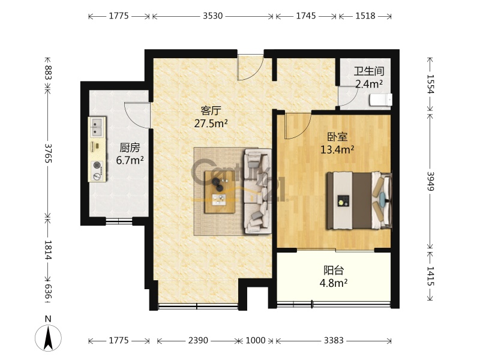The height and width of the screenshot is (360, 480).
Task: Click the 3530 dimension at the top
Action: [x=213, y=16]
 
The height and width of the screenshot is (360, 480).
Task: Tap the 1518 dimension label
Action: [x=365, y=16]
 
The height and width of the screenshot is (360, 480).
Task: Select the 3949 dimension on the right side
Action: [x=430, y=181]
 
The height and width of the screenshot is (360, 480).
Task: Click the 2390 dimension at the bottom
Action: [x=198, y=340]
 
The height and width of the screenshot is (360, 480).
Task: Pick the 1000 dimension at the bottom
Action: [x=256, y=340]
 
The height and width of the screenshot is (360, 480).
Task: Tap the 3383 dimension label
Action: [x=334, y=340]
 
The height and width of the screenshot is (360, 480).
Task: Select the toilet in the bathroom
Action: [x=381, y=100]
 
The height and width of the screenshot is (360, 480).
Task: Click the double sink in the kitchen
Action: [x=97, y=127]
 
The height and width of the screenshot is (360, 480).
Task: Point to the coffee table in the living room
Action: [x=220, y=192]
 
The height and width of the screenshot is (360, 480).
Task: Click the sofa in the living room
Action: [x=258, y=191]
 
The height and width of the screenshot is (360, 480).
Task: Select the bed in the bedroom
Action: [x=359, y=200]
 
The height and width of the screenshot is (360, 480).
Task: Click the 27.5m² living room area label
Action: [x=211, y=124]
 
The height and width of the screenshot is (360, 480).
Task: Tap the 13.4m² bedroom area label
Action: [x=337, y=149]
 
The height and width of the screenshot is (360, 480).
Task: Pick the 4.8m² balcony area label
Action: [x=334, y=283]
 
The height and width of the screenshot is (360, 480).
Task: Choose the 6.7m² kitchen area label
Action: [x=130, y=160]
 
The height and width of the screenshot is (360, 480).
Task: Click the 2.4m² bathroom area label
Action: [x=369, y=83]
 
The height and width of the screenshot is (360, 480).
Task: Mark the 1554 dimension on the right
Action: [x=430, y=84]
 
